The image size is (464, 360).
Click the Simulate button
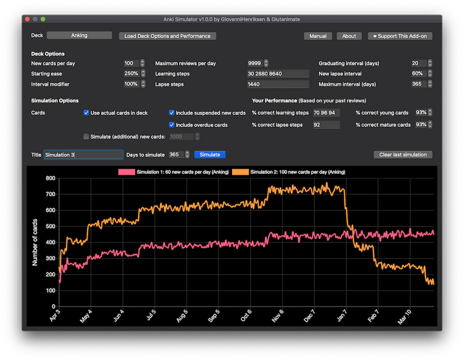click(209, 155)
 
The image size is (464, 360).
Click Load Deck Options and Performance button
click(168, 36)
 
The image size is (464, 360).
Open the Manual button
click(318, 36)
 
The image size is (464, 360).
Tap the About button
click(349, 36)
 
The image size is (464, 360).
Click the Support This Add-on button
click(400, 36)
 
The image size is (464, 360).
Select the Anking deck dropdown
click(79, 35)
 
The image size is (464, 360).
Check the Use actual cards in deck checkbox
click(86, 113)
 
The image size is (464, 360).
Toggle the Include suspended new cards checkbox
click(171, 113)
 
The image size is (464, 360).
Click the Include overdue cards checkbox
click(171, 125)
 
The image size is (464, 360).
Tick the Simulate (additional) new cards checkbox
click(86, 137)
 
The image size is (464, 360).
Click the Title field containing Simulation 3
click(83, 155)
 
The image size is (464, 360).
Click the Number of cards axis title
click(36, 242)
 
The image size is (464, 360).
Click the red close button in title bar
click(27, 19)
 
